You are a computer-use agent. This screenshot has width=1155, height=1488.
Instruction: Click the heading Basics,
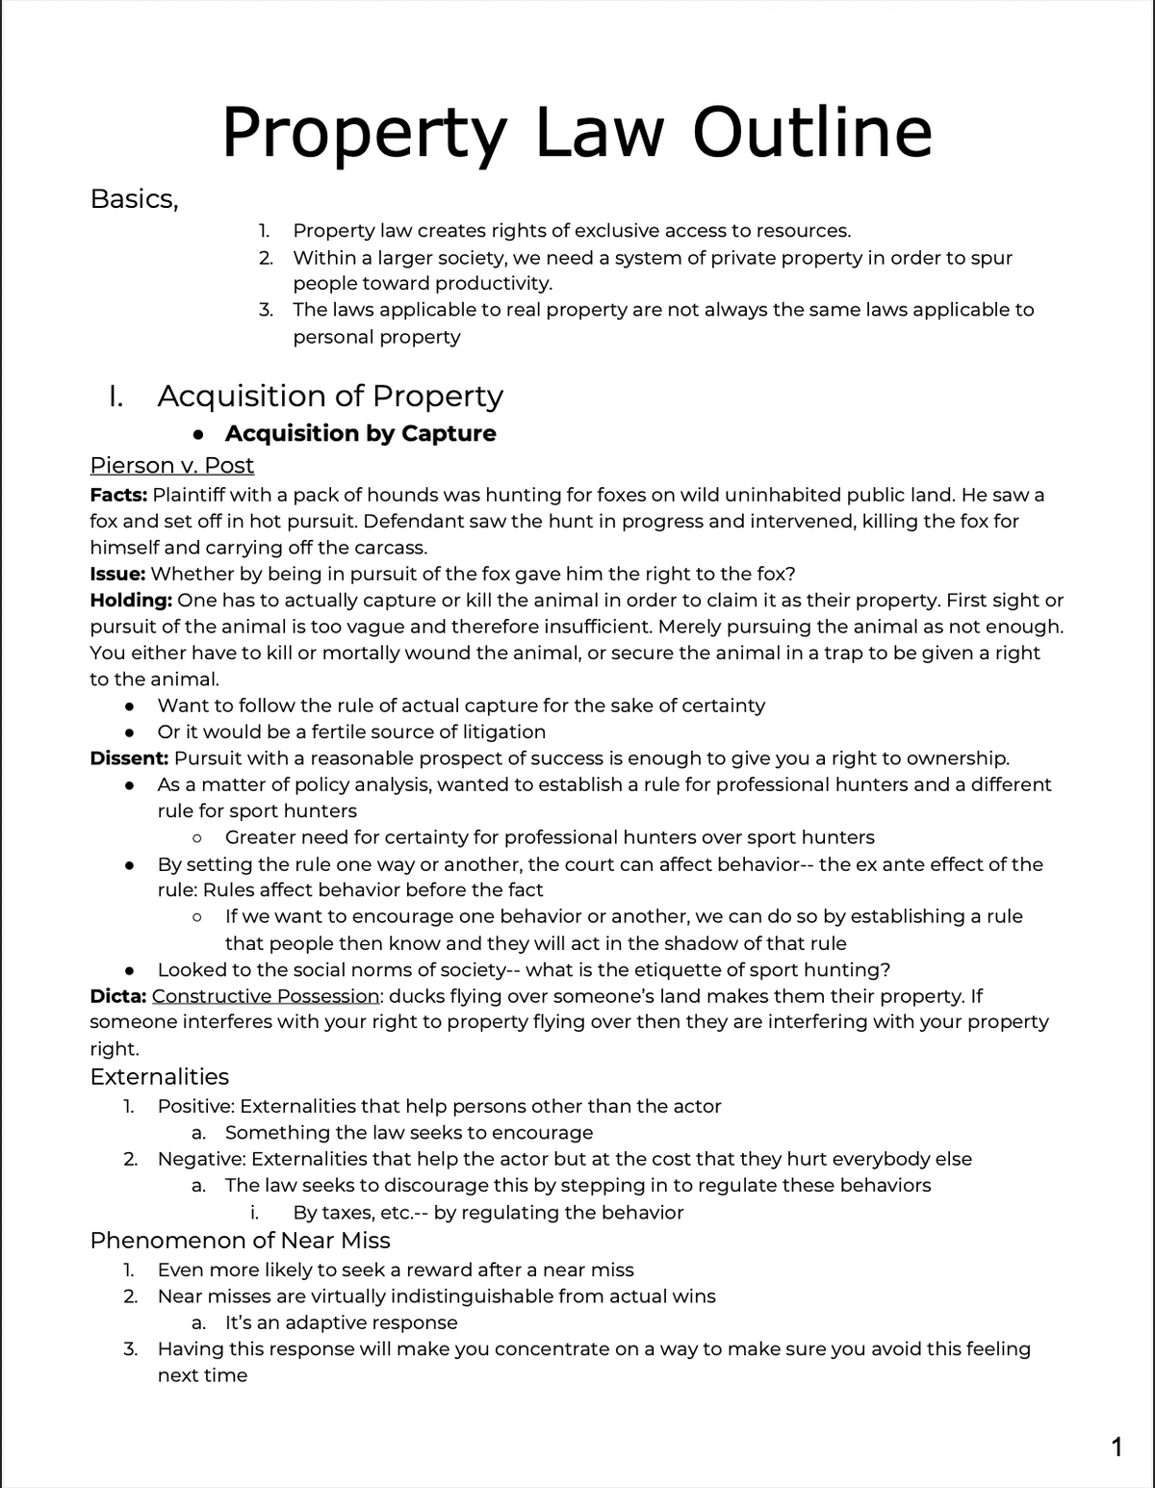click(x=134, y=199)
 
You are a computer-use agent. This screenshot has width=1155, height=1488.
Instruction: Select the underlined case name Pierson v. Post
click(x=171, y=466)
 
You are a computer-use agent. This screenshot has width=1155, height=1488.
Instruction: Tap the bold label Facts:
click(x=118, y=496)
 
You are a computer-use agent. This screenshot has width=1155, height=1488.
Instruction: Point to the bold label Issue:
click(x=117, y=575)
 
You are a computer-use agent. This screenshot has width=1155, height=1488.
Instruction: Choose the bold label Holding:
click(x=131, y=601)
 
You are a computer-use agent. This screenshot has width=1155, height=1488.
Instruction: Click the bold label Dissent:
click(x=129, y=758)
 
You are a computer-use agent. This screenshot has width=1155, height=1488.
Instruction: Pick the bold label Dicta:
click(x=117, y=996)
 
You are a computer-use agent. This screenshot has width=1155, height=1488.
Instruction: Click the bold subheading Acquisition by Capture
click(x=361, y=433)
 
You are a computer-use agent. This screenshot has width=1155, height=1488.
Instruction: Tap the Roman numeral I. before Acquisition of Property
click(x=115, y=397)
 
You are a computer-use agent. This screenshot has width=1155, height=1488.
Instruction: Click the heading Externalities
click(x=159, y=1077)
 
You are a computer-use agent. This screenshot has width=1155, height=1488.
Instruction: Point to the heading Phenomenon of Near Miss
click(x=240, y=1241)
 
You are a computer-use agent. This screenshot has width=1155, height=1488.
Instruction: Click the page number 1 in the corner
click(x=1116, y=1447)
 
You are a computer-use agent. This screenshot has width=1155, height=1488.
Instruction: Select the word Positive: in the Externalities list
click(x=195, y=1107)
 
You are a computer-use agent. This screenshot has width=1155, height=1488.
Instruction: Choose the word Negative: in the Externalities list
click(x=201, y=1159)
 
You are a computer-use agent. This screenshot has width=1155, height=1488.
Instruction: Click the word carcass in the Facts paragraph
click(x=390, y=548)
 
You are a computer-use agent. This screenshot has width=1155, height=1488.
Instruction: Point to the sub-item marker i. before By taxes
click(x=253, y=1213)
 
